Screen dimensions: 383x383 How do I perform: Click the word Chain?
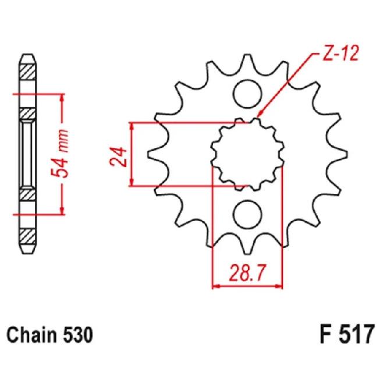(29, 337)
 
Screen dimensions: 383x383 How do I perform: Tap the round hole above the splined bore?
(247, 92)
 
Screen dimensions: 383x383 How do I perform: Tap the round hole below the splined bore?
(247, 214)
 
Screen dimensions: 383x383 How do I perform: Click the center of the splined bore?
(247, 153)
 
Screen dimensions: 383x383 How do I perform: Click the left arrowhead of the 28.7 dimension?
(215, 286)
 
